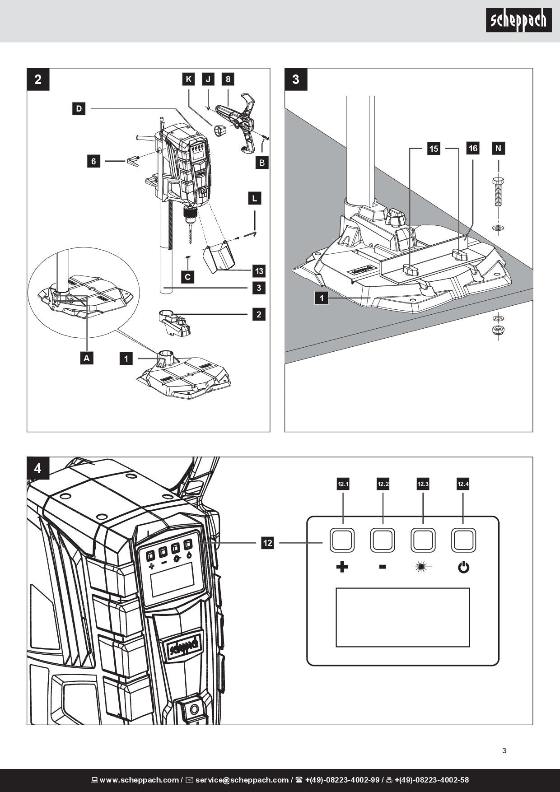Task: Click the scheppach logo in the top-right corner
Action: (518, 20)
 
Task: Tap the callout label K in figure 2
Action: (189, 79)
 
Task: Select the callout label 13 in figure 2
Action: (259, 271)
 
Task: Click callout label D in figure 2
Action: (79, 108)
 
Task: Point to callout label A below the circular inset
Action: (87, 358)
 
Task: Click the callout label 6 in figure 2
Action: (93, 161)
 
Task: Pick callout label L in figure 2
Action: (255, 198)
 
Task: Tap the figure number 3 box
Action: (296, 79)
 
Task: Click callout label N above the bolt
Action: (498, 148)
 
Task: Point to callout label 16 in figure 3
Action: (473, 148)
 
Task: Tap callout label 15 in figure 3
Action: (434, 149)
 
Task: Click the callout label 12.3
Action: (423, 484)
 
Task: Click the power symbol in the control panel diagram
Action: (463, 567)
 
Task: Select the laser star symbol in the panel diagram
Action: (423, 566)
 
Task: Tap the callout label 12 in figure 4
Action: (267, 542)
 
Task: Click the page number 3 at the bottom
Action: (504, 750)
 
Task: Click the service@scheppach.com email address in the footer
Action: (242, 780)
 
